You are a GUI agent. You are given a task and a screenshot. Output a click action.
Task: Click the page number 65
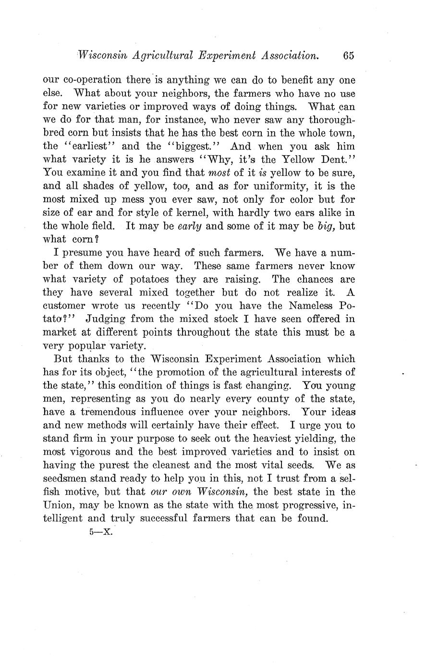348,56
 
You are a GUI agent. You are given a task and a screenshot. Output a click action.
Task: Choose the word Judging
106,319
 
